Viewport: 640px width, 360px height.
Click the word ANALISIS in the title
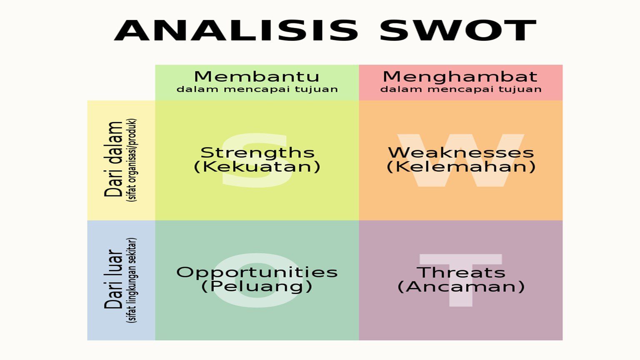point(236,30)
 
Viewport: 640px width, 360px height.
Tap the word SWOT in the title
point(458,30)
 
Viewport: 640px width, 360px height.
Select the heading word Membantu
point(257,77)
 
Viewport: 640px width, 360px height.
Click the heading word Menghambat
point(460,77)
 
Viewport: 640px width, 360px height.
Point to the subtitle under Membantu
point(257,89)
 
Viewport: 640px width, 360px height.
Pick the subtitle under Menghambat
point(460,89)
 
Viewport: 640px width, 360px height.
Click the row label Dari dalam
point(113,159)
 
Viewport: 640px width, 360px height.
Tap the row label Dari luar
point(113,279)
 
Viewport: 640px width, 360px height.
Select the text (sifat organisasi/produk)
point(132,160)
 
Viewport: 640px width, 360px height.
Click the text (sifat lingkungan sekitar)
point(132,280)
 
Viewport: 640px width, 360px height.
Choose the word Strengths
point(257,153)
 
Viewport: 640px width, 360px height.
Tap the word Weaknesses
point(461,152)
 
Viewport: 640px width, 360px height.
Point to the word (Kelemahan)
point(461,167)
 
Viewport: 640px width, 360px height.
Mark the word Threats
point(461,272)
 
